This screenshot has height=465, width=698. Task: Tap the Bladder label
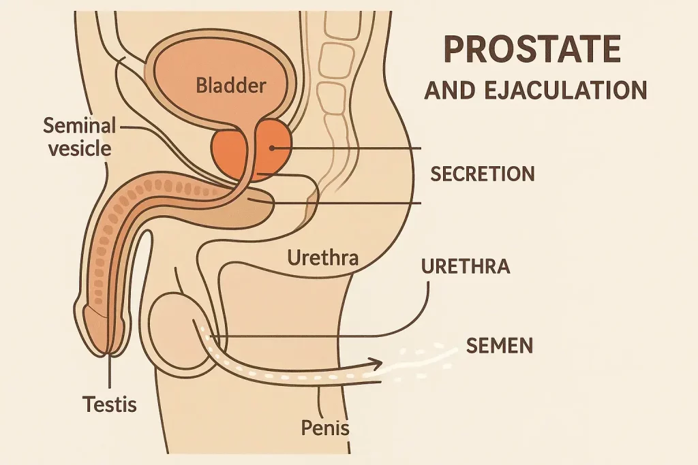tap(230, 86)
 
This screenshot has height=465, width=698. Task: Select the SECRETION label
tap(482, 174)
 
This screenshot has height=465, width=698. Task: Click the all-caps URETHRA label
tap(466, 266)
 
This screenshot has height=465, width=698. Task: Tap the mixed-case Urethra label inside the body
tap(323, 258)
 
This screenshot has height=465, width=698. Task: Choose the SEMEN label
tap(499, 347)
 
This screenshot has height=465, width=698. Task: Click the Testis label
tap(110, 404)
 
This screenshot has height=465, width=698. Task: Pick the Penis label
tap(325, 428)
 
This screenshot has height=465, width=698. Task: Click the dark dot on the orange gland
tap(271, 148)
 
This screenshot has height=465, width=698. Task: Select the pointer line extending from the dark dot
tap(348, 148)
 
